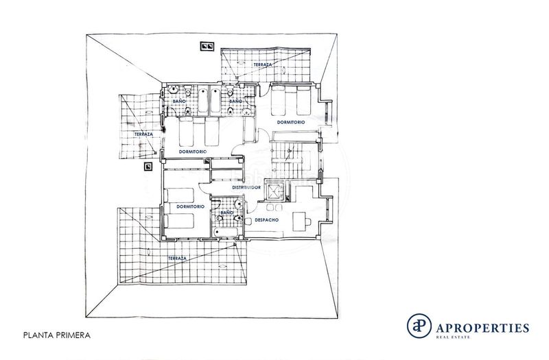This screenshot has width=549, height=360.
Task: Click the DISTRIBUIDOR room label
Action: [x=246, y=187]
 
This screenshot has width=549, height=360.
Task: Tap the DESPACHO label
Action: [x=267, y=220]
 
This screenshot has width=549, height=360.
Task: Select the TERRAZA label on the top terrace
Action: [x=263, y=64]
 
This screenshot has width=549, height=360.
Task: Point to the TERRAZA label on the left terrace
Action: [x=143, y=134]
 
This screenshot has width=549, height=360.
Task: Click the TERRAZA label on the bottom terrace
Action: [x=177, y=259]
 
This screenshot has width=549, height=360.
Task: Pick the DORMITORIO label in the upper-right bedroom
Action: [x=291, y=123]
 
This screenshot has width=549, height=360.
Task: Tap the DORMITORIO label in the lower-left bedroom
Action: [x=191, y=207]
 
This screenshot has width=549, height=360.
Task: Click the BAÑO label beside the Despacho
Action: [x=227, y=213]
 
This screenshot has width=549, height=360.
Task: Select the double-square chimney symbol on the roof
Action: [x=207, y=46]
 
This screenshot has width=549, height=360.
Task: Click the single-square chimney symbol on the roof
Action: [x=148, y=167]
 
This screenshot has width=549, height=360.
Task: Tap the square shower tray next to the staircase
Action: [x=274, y=190]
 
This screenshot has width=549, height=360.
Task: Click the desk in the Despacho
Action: [x=299, y=221]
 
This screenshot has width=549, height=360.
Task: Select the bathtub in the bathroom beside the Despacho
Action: [x=226, y=232]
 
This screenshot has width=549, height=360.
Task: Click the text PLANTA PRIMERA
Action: [x=57, y=335]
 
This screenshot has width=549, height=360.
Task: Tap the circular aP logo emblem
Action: [x=419, y=326]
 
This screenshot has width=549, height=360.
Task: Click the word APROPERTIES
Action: [x=482, y=328]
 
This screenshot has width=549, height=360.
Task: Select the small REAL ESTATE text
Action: [x=453, y=337]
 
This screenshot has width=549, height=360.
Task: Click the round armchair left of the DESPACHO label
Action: [x=248, y=221]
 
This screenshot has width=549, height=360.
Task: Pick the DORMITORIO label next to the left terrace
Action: [x=193, y=152]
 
